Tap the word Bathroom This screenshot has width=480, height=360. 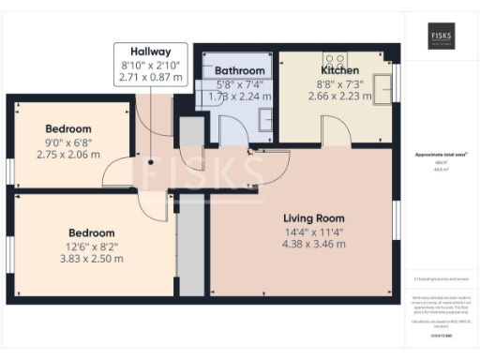tap(240, 70)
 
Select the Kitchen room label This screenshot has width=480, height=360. tap(339, 70)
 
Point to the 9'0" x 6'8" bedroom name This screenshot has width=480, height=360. tap(68, 128)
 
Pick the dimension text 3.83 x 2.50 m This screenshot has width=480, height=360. tap(91, 259)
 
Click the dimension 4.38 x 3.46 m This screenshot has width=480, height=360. tap(301, 244)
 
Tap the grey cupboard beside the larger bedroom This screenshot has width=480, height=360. tap(190, 246)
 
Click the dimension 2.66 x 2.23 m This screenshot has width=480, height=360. tap(339, 96)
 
